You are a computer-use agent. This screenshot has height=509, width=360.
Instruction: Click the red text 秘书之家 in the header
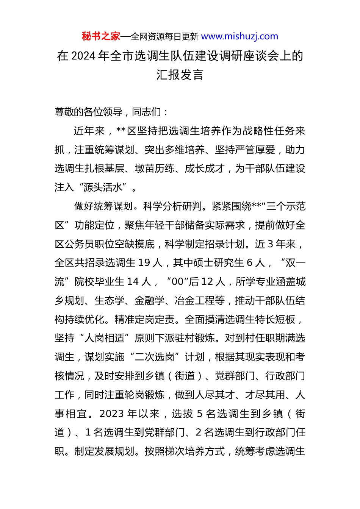[101, 37]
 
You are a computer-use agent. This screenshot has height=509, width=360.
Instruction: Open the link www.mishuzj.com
[239, 37]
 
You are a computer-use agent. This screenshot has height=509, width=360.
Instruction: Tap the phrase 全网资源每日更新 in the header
[164, 37]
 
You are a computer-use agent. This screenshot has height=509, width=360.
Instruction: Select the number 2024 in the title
[83, 56]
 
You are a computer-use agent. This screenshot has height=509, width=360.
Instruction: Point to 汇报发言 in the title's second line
[180, 75]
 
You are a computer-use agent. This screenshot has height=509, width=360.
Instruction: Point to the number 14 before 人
[133, 282]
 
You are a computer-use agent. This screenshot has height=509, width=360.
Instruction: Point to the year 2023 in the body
[112, 414]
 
